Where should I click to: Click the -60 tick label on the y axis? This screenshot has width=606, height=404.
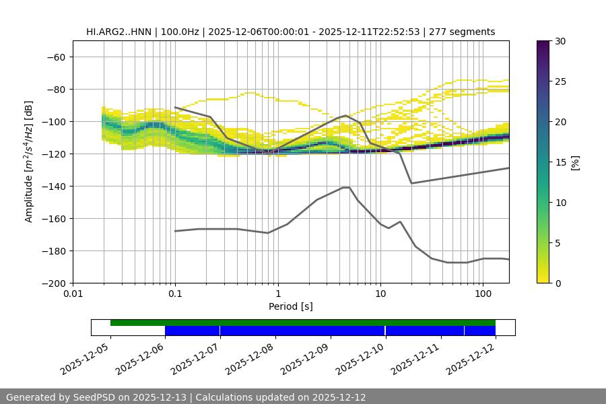(55, 57)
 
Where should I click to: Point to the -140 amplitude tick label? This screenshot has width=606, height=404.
(52, 186)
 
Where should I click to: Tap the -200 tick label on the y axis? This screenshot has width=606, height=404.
(52, 283)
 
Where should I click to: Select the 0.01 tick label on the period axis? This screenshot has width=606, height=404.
(73, 294)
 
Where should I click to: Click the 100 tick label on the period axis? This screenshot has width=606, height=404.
(483, 294)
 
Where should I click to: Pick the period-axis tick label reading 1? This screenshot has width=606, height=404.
(277, 294)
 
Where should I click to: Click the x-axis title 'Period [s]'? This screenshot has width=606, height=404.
(291, 306)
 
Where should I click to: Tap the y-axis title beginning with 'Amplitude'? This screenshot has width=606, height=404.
(29, 162)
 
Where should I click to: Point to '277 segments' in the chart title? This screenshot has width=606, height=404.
(463, 32)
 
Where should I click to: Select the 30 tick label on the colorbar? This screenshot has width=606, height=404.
(560, 41)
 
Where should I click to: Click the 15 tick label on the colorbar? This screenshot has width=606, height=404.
(560, 162)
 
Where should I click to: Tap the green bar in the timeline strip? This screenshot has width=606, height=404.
(303, 323)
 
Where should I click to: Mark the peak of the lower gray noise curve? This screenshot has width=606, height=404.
(346, 187)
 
